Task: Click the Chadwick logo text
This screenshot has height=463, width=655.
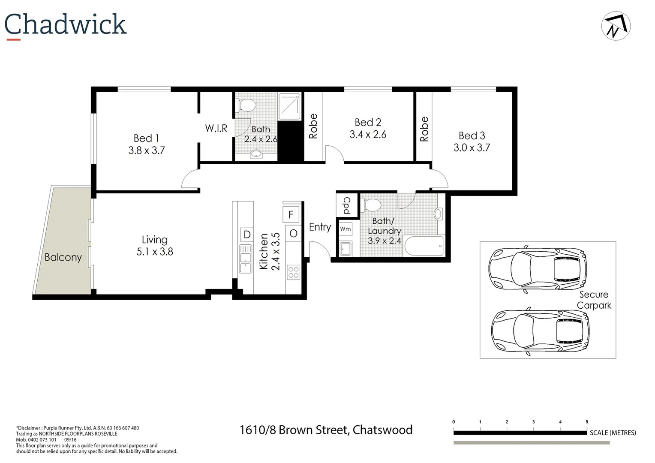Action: click(x=65, y=24)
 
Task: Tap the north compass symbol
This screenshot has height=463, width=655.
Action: click(x=616, y=26)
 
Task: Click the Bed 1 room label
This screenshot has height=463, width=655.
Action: click(x=146, y=138)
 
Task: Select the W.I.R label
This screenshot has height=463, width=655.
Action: click(x=216, y=128)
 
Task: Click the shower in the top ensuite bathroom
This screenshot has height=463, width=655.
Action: click(x=290, y=106)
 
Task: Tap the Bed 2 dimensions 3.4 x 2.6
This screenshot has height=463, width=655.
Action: click(x=368, y=135)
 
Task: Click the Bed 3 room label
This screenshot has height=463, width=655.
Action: click(x=472, y=136)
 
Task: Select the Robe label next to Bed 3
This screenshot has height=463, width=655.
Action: click(x=424, y=129)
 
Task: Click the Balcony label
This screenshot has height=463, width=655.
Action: click(x=63, y=257)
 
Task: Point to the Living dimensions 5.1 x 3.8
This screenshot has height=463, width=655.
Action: click(x=155, y=252)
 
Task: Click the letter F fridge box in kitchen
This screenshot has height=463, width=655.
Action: click(x=290, y=214)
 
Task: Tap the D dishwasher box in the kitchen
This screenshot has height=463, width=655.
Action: click(x=247, y=235)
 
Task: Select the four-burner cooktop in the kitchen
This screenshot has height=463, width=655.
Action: click(x=294, y=272)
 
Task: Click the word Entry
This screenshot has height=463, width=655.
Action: click(x=320, y=227)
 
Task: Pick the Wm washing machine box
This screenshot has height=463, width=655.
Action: click(x=346, y=229)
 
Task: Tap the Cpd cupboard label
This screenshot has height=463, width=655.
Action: click(x=346, y=205)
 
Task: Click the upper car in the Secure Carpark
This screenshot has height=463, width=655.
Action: click(x=538, y=270)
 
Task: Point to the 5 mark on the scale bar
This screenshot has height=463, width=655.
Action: click(x=587, y=422)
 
